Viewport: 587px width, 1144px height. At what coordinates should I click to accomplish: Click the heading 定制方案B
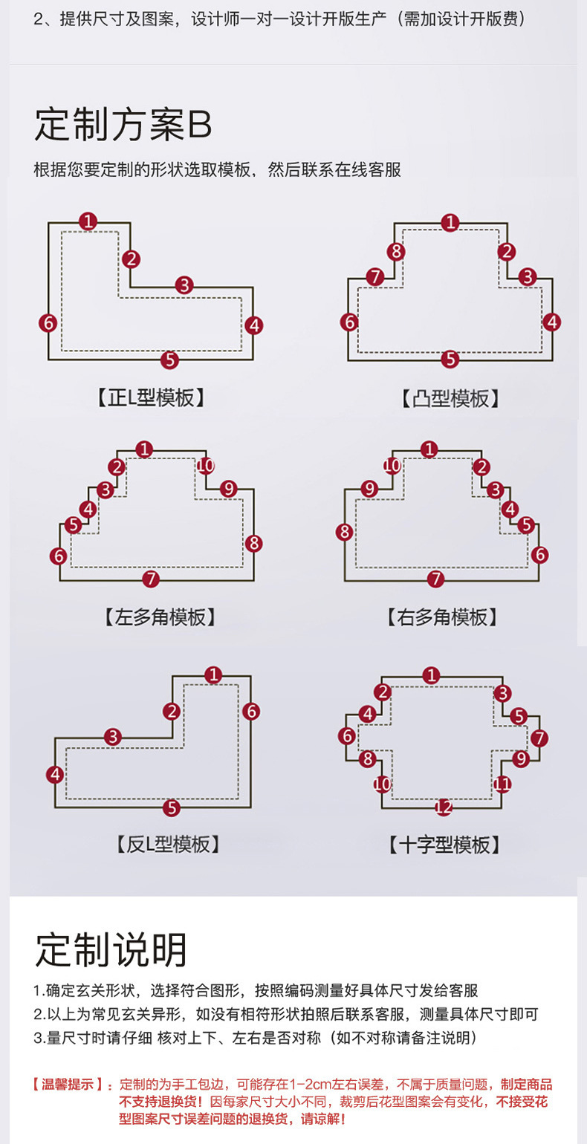click(x=123, y=126)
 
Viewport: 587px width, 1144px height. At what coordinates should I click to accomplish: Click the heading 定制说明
click(x=111, y=950)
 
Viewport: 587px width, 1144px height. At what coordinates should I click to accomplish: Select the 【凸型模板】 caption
click(x=450, y=399)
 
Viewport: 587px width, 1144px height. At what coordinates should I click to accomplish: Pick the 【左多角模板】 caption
click(x=160, y=617)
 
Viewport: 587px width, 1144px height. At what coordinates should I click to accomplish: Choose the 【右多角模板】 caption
click(x=442, y=617)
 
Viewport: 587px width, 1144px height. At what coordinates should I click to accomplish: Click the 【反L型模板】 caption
click(x=169, y=844)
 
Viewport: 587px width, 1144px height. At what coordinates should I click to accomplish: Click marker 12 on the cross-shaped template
click(x=444, y=807)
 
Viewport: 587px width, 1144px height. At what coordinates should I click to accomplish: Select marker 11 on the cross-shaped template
click(x=503, y=784)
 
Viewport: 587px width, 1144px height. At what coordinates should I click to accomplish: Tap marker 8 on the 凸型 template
click(x=397, y=251)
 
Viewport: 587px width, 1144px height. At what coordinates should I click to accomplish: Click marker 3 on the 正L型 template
click(x=184, y=285)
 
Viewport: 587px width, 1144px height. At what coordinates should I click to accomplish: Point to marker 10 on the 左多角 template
click(x=206, y=466)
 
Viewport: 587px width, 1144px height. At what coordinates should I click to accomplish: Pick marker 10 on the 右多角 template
click(x=392, y=466)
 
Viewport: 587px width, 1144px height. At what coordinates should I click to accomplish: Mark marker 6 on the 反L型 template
click(x=251, y=711)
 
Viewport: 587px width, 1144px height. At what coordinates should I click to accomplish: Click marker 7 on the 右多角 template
click(x=436, y=579)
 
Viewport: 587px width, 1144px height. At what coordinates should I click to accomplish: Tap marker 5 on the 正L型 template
click(x=169, y=360)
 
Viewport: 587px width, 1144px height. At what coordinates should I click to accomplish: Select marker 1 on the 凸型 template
click(x=450, y=222)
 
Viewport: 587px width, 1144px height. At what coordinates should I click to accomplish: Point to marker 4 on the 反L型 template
click(x=55, y=775)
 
